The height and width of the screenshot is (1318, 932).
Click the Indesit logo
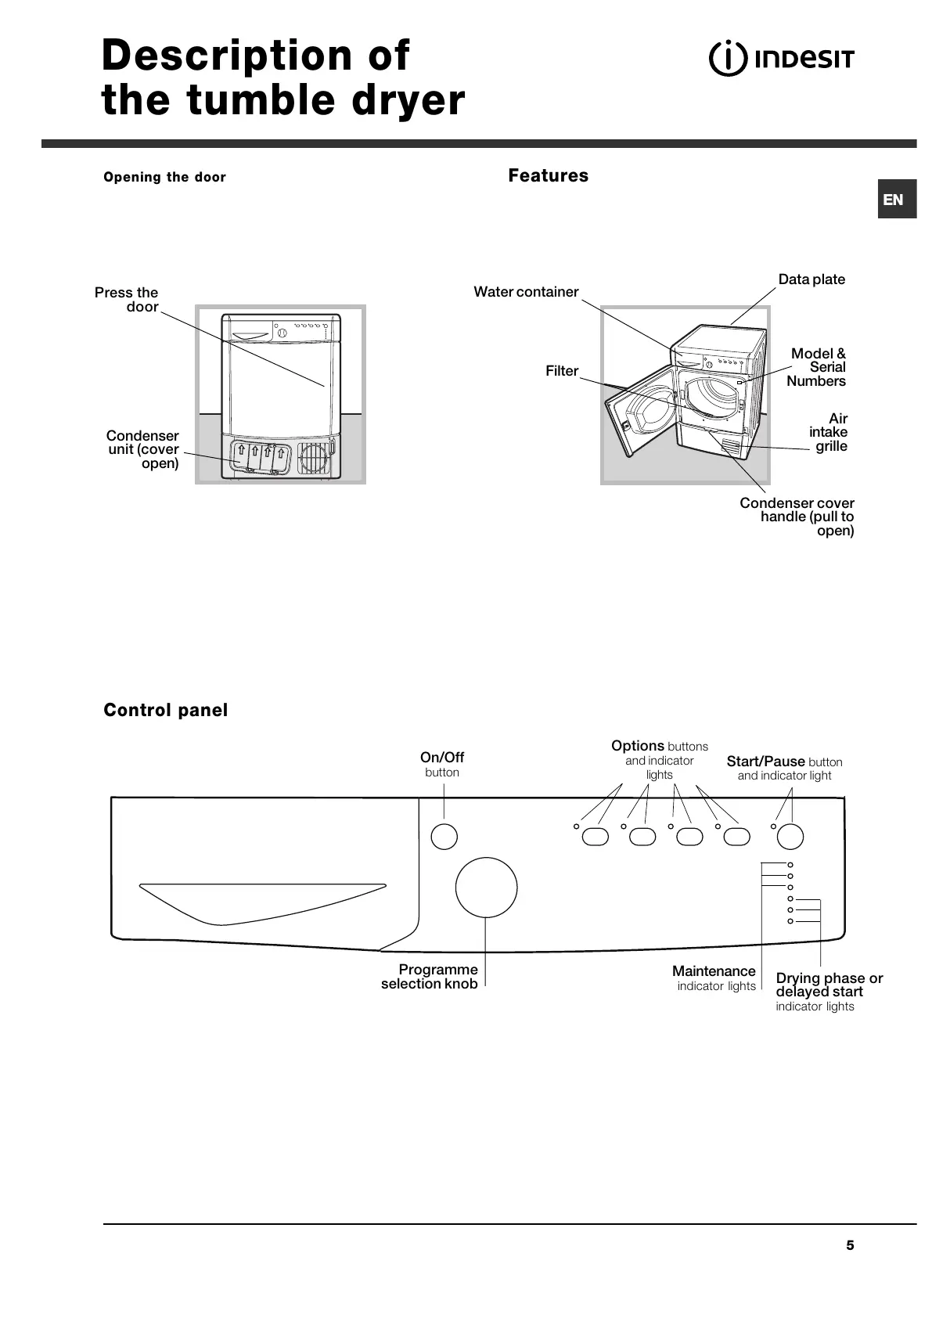coord(781,59)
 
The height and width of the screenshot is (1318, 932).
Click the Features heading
coord(548,175)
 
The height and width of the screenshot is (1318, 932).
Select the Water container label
coord(526,292)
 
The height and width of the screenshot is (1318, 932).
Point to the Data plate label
coord(811,279)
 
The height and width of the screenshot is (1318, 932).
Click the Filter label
coord(562,371)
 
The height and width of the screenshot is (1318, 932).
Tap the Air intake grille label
coord(829,432)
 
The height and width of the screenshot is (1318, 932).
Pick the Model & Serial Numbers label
coord(817,367)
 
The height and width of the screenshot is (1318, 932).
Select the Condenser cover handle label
coord(797,517)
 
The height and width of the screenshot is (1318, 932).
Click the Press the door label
coord(128,300)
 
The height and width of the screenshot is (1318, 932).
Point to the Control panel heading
coord(166,710)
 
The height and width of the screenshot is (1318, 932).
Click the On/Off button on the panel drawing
coord(444,836)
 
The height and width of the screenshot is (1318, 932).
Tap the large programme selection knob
coord(486,888)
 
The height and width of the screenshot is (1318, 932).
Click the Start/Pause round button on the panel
coord(790,837)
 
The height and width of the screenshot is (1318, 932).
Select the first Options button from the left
coord(595,837)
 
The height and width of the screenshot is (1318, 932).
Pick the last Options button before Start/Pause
coord(736,837)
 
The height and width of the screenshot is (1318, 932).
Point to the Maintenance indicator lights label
coord(714,978)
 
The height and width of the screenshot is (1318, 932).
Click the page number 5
coord(850,1245)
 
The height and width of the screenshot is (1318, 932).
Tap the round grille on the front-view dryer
coord(313,458)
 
